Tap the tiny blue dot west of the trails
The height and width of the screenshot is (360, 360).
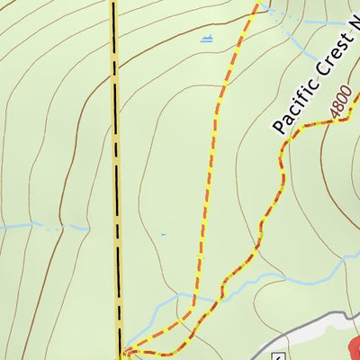click(x=164, y=234)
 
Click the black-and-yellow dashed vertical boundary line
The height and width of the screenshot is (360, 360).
click(x=115, y=180)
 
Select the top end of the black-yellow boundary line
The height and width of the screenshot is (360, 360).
click(x=113, y=3)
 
